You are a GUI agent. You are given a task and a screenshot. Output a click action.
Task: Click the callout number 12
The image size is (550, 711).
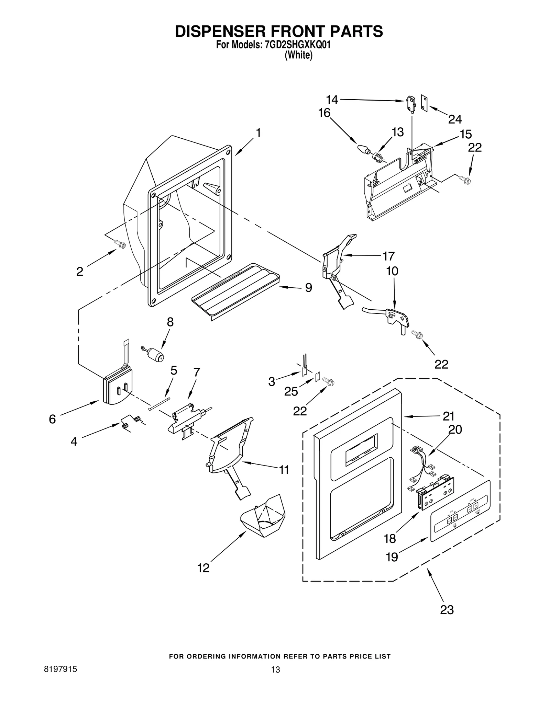coord(203,568)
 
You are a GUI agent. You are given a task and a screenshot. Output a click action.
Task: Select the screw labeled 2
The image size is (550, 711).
coord(121,244)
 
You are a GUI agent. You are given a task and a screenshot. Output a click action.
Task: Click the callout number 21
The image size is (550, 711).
coord(448,416)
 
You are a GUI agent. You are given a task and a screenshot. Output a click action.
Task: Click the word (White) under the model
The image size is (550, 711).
coord(298,56)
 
